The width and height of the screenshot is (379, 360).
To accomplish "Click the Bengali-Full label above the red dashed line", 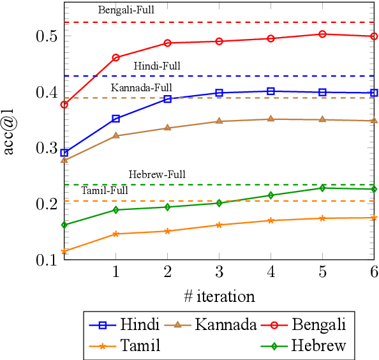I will tap(126, 10).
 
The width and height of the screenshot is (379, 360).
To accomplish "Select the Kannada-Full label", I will tap(141, 87).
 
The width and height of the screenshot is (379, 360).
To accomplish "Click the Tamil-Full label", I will tap(105, 190).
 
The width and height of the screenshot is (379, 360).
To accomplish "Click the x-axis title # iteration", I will tap(219, 296).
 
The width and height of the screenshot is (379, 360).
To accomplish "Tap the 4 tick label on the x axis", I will tap(271, 272).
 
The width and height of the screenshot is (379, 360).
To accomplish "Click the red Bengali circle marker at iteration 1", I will tap(115, 57).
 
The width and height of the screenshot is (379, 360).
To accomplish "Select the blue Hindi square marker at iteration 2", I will tap(167, 99).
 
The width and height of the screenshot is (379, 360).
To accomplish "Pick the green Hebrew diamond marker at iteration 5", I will tap(322, 188).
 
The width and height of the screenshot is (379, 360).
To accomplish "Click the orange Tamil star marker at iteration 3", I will tap(219, 225).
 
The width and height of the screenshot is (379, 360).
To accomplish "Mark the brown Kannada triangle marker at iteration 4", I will tap(271, 119).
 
